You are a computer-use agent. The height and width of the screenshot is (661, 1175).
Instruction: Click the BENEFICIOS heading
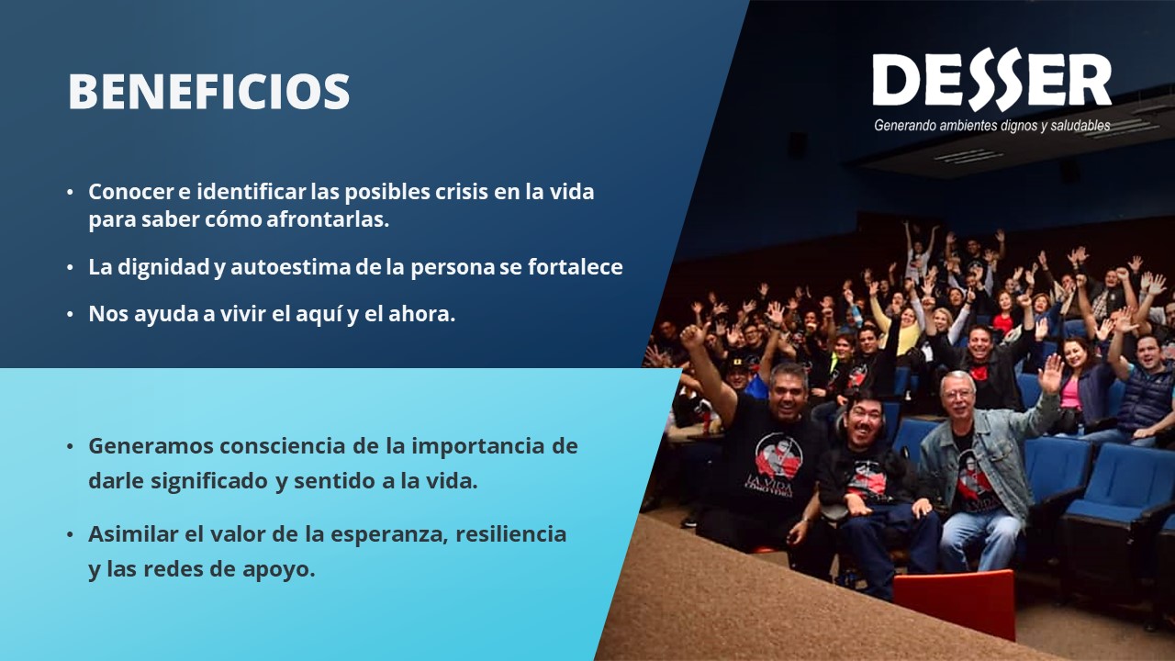(208, 91)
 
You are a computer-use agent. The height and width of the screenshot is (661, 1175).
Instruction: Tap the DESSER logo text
(992, 80)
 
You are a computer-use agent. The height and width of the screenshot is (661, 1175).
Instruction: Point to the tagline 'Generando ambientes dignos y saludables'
(992, 126)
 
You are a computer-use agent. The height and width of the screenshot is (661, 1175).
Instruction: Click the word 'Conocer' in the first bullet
(131, 192)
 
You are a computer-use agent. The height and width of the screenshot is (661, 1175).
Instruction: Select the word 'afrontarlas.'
(328, 219)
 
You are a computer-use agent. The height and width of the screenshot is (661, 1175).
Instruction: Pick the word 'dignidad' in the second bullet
(163, 267)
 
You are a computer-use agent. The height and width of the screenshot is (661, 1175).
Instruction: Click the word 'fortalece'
(576, 266)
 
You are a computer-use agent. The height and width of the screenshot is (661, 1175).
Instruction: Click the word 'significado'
(209, 481)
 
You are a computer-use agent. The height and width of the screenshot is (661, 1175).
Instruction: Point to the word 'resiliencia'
(511, 533)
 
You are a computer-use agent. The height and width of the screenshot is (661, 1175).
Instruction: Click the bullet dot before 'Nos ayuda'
(70, 315)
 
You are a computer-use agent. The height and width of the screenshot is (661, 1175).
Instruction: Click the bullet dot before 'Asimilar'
(70, 534)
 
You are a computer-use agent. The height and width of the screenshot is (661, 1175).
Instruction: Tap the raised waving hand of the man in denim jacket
(1051, 373)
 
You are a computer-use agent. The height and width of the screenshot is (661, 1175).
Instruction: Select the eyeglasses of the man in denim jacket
(958, 393)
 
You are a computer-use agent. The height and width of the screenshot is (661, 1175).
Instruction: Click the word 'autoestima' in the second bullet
(290, 266)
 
